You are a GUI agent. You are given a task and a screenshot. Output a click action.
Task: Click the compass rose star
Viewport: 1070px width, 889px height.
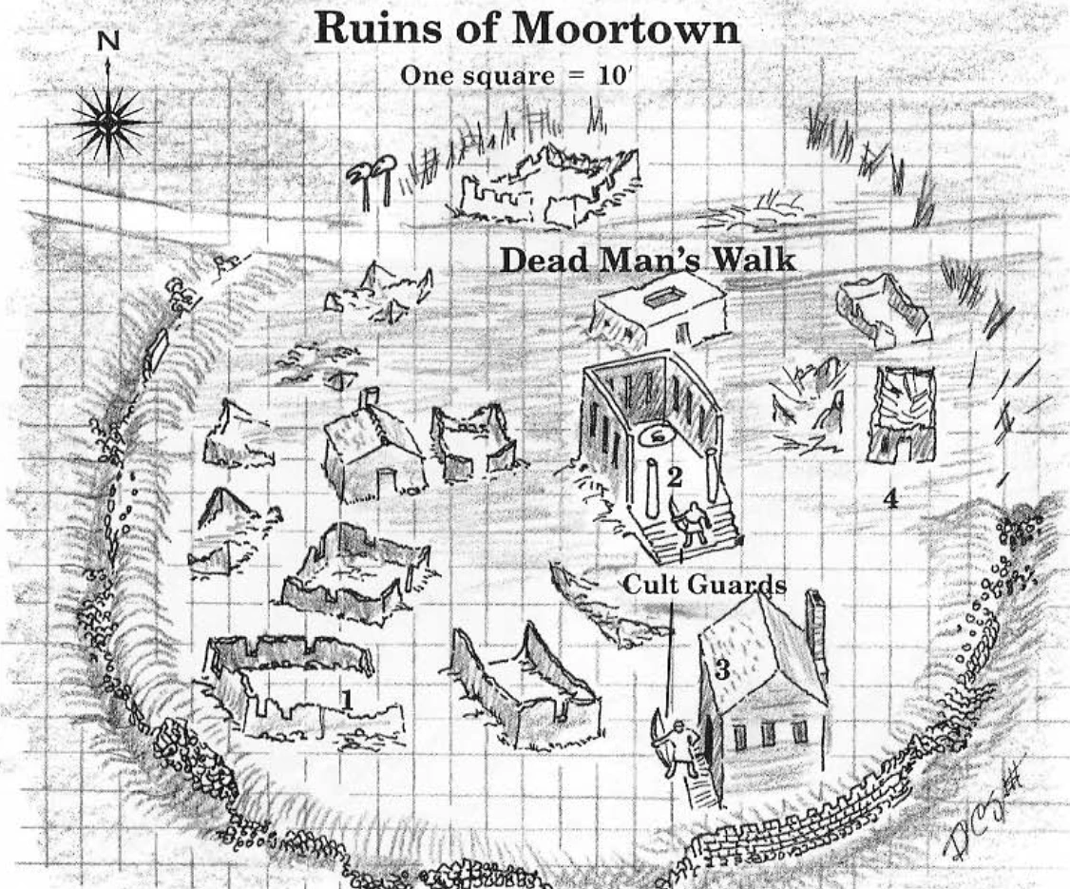coord(109,122)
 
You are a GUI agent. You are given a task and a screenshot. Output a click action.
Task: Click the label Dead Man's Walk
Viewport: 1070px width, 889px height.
coord(648,261)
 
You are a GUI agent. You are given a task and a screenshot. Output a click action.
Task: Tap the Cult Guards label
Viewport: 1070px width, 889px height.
coord(704,586)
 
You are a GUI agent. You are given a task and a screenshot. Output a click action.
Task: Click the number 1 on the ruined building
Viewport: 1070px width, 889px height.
coord(348,700)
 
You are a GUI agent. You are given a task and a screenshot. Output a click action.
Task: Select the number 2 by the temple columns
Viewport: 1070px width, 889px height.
coord(674,478)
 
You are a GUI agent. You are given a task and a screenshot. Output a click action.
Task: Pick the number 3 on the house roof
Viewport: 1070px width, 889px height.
coord(721,669)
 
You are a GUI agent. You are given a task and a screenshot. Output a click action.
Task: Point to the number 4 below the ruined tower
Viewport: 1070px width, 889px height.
coord(890,498)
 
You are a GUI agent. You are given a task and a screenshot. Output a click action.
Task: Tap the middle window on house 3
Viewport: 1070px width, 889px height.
coord(767,735)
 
